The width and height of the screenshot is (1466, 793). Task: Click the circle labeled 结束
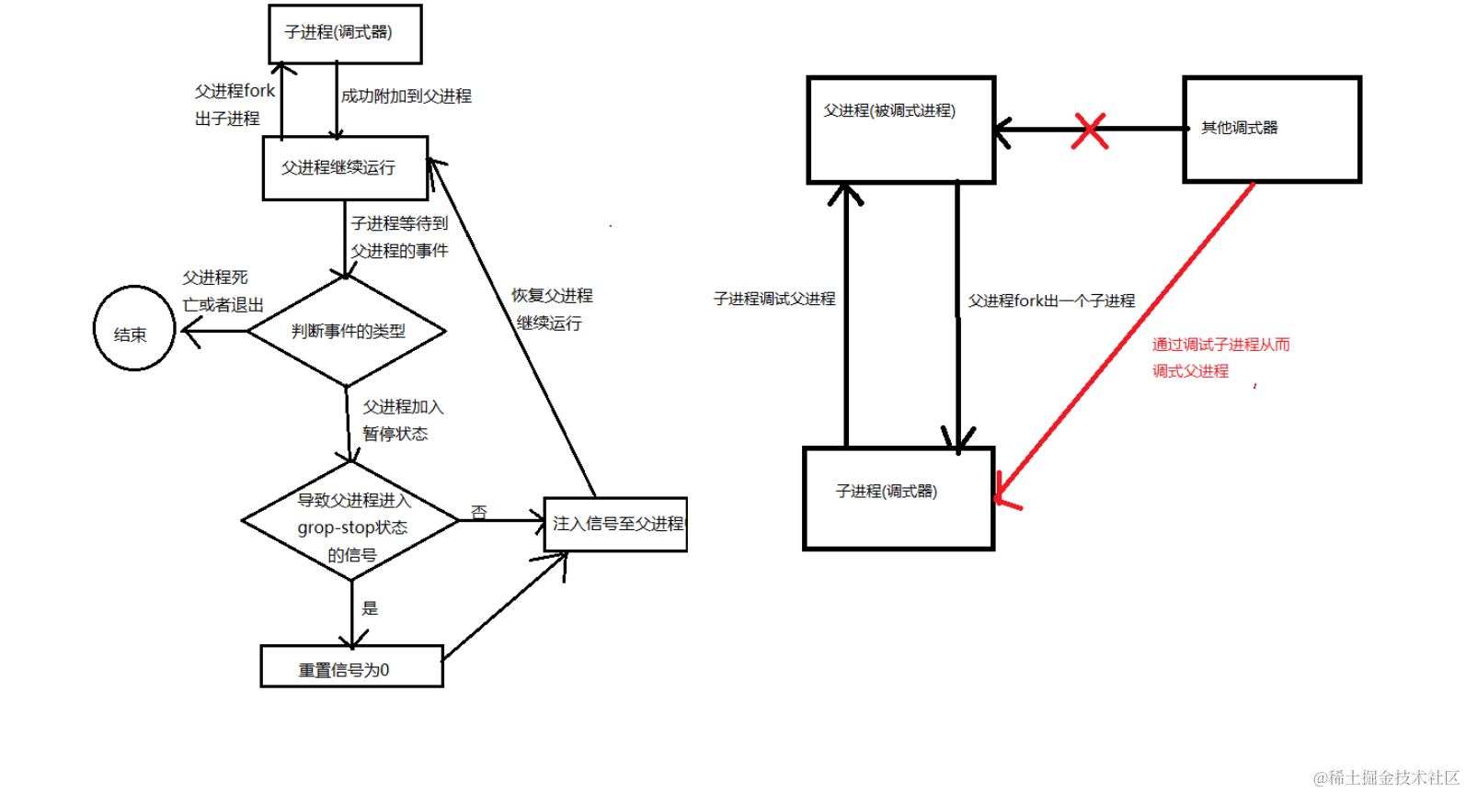click(x=133, y=329)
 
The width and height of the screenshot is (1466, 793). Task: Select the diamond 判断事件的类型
click(x=348, y=331)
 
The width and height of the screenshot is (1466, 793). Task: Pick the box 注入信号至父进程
click(x=615, y=524)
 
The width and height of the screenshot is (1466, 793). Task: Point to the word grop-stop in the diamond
click(x=335, y=528)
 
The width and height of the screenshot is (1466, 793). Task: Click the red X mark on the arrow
click(x=1090, y=130)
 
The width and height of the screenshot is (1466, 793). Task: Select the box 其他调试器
click(x=1271, y=129)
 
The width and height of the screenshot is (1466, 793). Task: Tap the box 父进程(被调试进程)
click(x=900, y=130)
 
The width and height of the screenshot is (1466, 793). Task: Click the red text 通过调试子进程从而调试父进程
click(x=1220, y=357)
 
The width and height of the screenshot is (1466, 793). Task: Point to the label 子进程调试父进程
click(x=774, y=299)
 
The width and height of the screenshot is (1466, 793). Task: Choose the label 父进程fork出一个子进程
click(x=1051, y=300)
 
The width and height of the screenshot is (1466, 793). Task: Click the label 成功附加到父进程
click(x=406, y=96)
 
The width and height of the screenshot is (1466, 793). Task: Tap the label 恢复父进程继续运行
click(x=551, y=309)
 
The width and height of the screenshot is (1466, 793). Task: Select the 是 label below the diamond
click(x=370, y=608)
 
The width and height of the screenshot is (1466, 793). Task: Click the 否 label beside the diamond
click(x=478, y=512)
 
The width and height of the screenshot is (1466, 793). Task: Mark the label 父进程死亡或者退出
click(x=223, y=291)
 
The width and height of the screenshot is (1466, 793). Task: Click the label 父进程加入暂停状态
click(x=402, y=420)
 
